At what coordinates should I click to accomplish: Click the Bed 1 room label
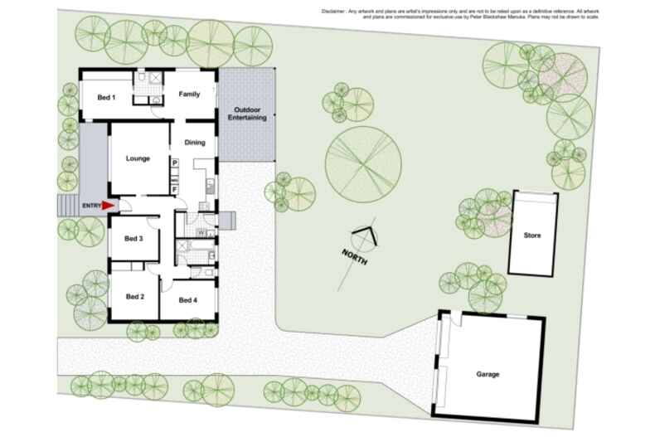(106, 98)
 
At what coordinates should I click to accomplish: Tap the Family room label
(190, 95)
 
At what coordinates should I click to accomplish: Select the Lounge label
(138, 158)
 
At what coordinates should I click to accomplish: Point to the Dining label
(194, 143)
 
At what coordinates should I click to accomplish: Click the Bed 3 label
(134, 239)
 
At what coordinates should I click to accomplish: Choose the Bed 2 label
(135, 297)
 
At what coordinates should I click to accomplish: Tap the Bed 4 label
(188, 299)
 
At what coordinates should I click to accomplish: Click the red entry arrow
(108, 206)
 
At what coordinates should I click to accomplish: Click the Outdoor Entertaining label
(249, 114)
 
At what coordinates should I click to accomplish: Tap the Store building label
(532, 235)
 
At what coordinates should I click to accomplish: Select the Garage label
(488, 374)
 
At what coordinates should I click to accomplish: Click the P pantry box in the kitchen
(175, 163)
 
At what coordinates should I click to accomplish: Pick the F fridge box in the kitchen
(175, 190)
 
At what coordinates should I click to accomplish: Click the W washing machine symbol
(201, 233)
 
